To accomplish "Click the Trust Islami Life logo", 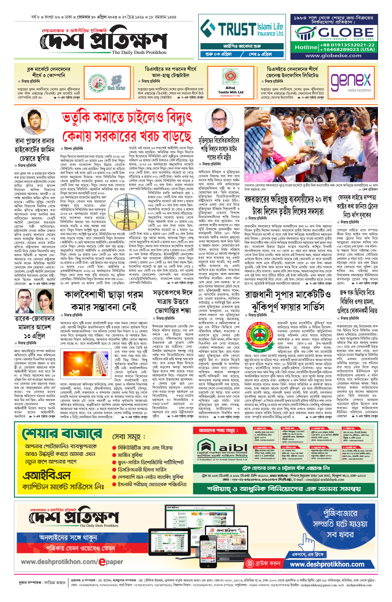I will click(242, 29).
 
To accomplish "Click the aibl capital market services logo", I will click(222, 448).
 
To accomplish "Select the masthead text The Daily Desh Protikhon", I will click(139, 52).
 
